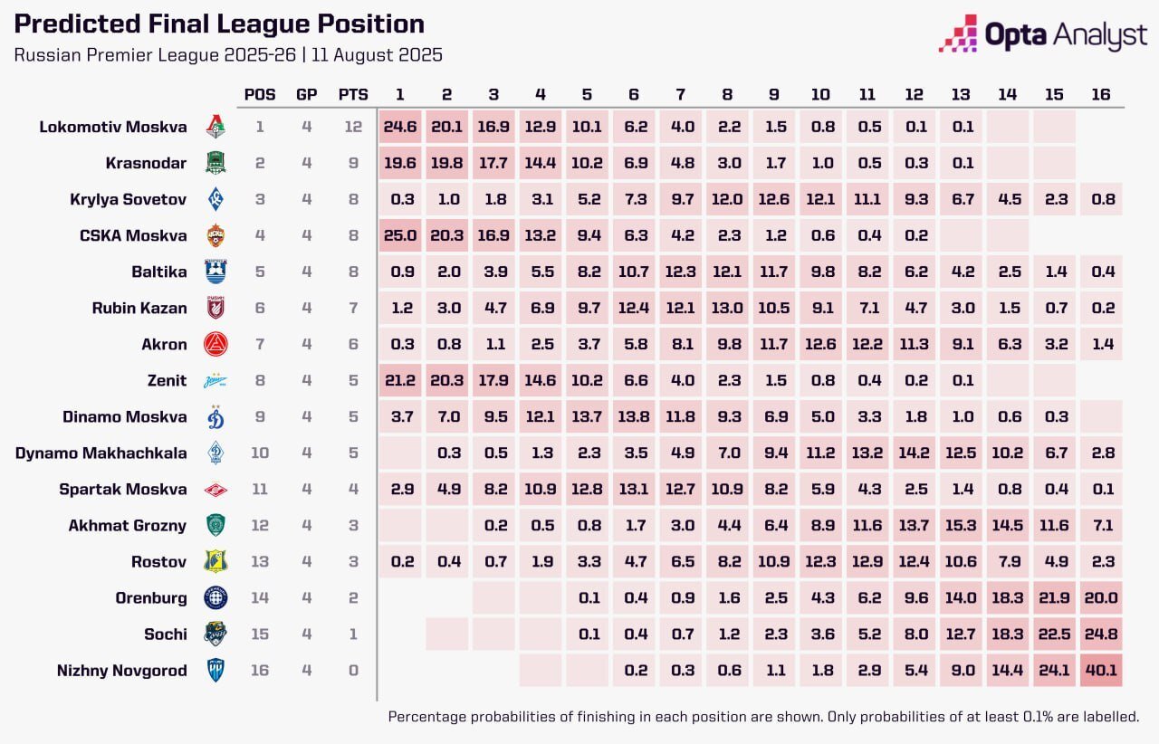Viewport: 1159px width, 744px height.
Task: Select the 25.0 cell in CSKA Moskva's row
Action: pyautogui.click(x=399, y=235)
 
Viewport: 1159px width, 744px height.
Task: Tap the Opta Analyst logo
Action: pyautogui.click(x=1043, y=34)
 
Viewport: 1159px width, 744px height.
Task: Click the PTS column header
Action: pyautogui.click(x=353, y=94)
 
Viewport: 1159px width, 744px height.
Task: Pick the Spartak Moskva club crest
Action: pyautogui.click(x=216, y=490)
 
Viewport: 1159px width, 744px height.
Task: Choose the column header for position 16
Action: pyautogui.click(x=1101, y=94)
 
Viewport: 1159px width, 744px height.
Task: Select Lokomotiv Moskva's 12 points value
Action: pyautogui.click(x=353, y=127)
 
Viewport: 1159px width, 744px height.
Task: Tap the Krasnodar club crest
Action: pyautogui.click(x=216, y=163)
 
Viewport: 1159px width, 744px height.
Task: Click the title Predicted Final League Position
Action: pyautogui.click(x=219, y=24)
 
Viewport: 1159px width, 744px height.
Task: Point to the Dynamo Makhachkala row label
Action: pyautogui.click(x=101, y=453)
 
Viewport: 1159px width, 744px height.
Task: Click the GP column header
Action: pyautogui.click(x=307, y=94)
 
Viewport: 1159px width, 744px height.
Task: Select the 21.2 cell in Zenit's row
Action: pyautogui.click(x=399, y=380)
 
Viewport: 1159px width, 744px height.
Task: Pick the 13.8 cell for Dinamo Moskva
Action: pyautogui.click(x=635, y=416)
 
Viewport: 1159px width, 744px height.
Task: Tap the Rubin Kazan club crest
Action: pyautogui.click(x=216, y=308)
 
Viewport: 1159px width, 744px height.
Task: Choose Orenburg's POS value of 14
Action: pyautogui.click(x=260, y=598)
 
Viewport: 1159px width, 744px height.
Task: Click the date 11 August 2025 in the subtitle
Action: pyautogui.click(x=377, y=54)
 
